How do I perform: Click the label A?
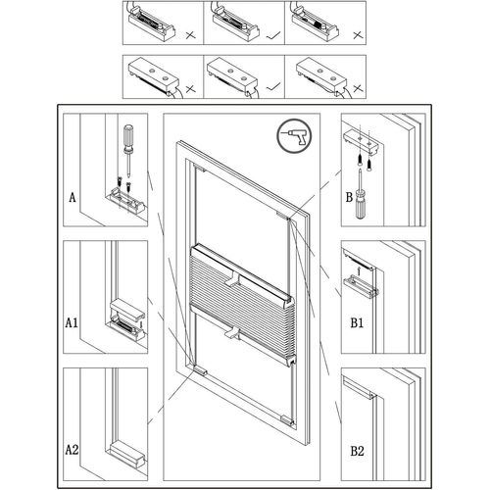73,196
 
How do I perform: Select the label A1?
73,321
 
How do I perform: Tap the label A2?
73,450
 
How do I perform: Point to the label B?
349,195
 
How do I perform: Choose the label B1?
358,321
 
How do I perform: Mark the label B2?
358,450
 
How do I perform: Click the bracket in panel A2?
127,453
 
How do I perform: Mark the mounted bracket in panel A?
128,201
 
